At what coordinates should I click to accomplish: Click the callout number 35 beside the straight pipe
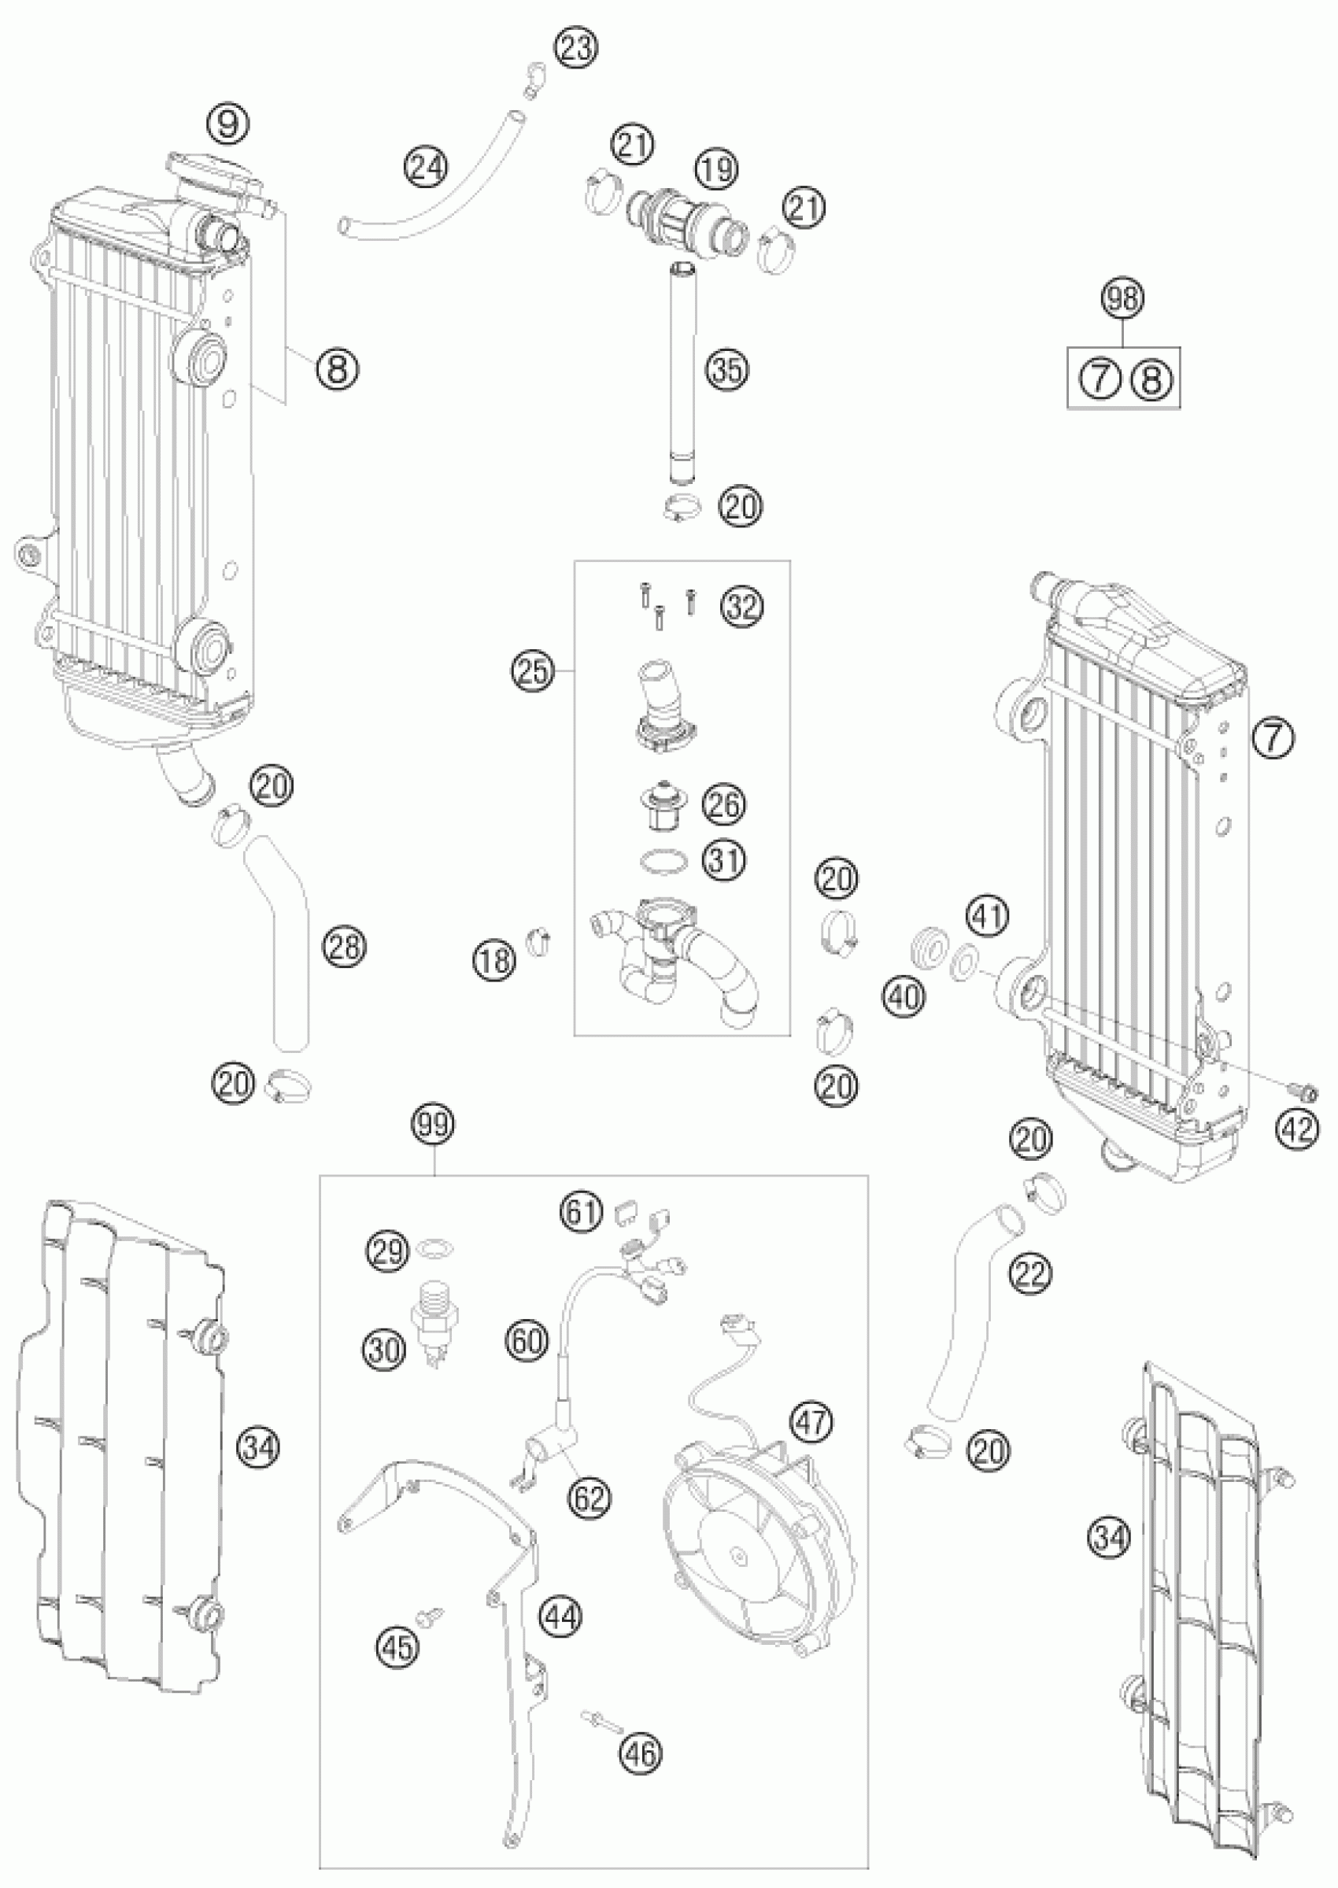727,371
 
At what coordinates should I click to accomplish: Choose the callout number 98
1124,298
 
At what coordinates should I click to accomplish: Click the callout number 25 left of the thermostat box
533,671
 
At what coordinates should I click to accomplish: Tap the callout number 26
723,805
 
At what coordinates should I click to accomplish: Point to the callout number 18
494,960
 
